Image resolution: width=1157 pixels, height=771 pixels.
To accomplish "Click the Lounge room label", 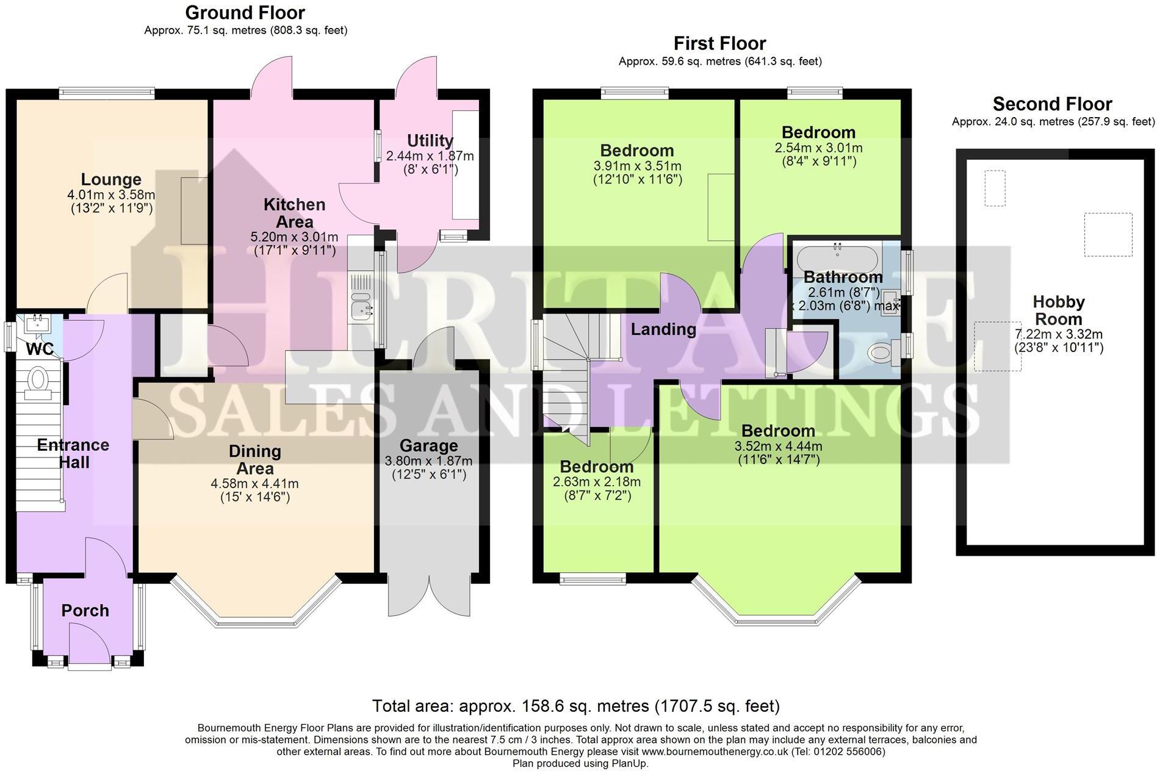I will (111, 179).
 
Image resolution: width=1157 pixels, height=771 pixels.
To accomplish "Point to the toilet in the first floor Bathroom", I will (881, 353).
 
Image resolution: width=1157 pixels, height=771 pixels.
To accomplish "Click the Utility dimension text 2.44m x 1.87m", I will (430, 156).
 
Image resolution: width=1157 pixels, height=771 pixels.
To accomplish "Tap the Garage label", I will (428, 446).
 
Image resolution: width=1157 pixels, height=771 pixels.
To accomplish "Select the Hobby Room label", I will (1058, 310).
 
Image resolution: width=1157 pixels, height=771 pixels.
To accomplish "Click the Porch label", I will (85, 611).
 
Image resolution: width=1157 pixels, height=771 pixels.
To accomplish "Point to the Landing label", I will (663, 329).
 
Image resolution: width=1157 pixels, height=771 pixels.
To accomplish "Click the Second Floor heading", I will (1052, 104).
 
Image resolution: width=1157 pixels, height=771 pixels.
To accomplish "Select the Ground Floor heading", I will (245, 12).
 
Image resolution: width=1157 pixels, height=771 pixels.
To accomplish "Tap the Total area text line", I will (575, 706).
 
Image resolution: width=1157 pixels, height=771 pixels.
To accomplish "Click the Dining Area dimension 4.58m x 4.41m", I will (254, 484).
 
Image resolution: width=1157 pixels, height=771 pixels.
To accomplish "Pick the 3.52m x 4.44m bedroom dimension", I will (778, 446).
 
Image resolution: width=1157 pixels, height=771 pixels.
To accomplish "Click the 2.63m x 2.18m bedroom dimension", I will (596, 482).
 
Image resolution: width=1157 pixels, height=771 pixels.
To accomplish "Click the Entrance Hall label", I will (73, 453).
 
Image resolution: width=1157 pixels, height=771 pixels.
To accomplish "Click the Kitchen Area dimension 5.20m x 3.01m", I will (294, 237).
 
